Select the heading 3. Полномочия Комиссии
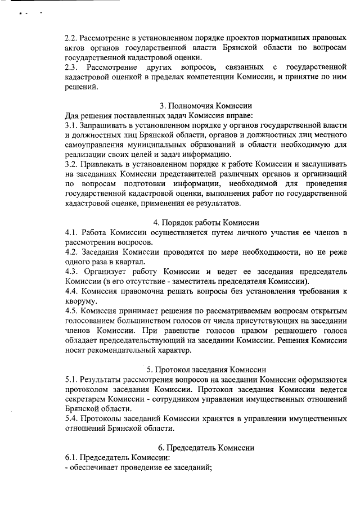click(206, 105)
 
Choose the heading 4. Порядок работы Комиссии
click(206, 222)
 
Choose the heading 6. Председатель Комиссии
click(206, 448)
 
